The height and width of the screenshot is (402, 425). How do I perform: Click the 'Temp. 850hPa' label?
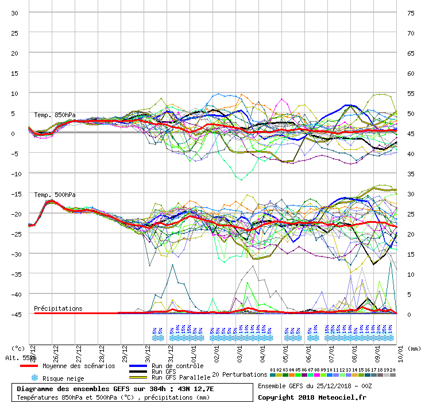[x=55, y=115]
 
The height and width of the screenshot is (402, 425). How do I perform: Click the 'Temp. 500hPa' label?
[x=55, y=195]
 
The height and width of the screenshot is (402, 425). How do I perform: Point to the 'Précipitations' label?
[x=58, y=308]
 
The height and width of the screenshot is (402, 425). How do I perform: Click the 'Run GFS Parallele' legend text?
[x=181, y=377]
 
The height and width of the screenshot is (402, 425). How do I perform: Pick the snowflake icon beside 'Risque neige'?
[x=34, y=378]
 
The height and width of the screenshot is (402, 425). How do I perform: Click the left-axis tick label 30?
[x=15, y=13]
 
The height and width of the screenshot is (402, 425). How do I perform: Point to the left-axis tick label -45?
[x=15, y=314]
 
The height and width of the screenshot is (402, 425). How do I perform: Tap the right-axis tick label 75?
[x=411, y=13]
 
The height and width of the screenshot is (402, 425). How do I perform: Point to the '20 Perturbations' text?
[x=239, y=374]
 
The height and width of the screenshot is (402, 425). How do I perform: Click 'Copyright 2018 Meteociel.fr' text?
[x=311, y=397]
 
